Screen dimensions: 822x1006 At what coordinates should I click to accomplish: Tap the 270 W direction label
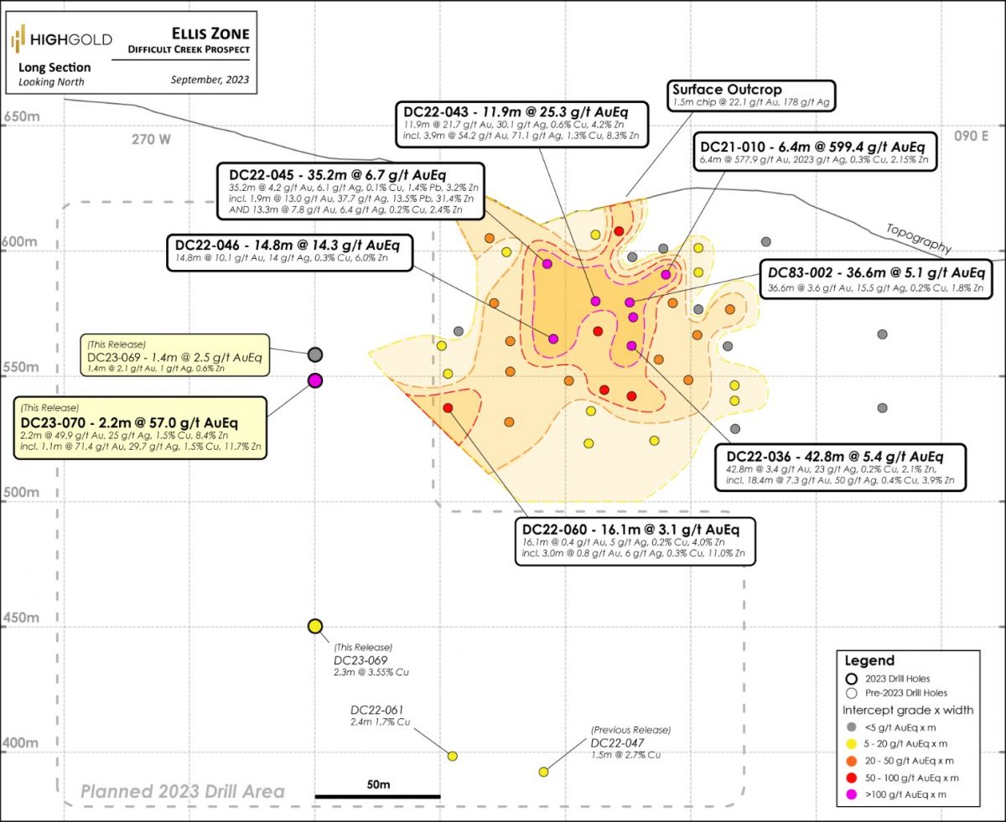coord(152,140)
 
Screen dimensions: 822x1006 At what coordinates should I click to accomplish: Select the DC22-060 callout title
coord(630,530)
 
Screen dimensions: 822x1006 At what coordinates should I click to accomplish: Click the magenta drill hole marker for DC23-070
coord(315,380)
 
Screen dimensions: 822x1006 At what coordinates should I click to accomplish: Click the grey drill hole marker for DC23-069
coord(315,354)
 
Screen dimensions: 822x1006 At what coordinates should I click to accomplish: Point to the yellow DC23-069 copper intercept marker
coord(315,627)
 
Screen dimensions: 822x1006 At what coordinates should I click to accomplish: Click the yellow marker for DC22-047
coord(543,772)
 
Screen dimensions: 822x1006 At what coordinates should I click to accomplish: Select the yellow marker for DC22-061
coord(453,756)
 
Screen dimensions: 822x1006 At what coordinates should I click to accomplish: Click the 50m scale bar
coord(377,795)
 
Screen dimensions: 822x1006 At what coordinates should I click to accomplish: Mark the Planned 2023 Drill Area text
coord(183,791)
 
